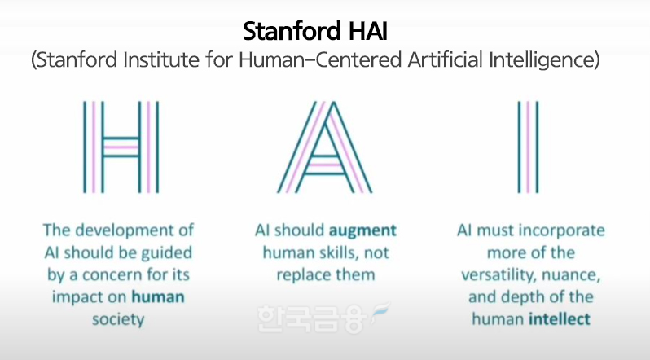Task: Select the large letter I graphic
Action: pos(528,146)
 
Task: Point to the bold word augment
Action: pos(365,230)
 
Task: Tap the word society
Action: pos(118,318)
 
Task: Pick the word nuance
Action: pos(579,274)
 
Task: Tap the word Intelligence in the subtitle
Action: pos(544,60)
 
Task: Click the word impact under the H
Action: pos(80,296)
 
